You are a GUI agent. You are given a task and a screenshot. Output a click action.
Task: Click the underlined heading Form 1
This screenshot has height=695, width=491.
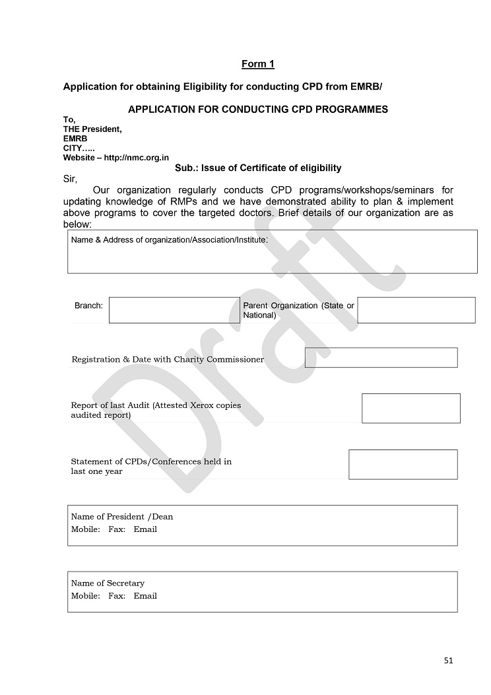point(257,64)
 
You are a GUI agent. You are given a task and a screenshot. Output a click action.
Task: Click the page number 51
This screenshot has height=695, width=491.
point(449,660)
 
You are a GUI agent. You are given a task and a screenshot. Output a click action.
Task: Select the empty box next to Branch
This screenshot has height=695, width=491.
point(174,310)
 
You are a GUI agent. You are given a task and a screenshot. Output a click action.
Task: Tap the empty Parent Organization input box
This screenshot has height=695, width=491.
point(416,310)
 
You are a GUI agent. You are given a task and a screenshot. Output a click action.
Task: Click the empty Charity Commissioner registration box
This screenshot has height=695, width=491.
point(381,358)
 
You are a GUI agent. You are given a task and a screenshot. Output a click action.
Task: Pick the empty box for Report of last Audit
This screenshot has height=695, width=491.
point(410,408)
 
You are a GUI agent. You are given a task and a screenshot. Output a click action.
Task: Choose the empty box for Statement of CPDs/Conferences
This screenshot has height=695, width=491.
point(403,464)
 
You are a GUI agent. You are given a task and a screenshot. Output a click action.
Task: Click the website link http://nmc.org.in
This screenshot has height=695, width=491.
point(137,158)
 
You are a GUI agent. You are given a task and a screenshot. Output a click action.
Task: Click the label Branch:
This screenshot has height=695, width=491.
point(88,306)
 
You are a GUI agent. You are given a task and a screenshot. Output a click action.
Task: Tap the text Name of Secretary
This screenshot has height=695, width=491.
point(108,583)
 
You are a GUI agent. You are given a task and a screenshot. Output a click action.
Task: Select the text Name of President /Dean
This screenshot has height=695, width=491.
point(122,517)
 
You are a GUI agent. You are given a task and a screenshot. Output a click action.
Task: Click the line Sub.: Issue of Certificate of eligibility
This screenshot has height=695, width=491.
point(258,168)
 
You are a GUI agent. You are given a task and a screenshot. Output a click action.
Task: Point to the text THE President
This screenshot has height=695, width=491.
point(92,129)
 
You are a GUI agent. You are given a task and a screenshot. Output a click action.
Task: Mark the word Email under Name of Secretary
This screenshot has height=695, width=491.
point(145,596)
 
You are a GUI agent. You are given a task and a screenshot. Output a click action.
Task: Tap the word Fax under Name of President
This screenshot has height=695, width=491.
point(117,529)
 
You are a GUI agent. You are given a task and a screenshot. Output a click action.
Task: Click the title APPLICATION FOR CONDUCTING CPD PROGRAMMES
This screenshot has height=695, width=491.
point(257,109)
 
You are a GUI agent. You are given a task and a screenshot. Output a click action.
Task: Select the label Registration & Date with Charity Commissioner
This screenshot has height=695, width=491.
point(168,360)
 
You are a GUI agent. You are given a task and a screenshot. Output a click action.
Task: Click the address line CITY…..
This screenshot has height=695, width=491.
point(79,149)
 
